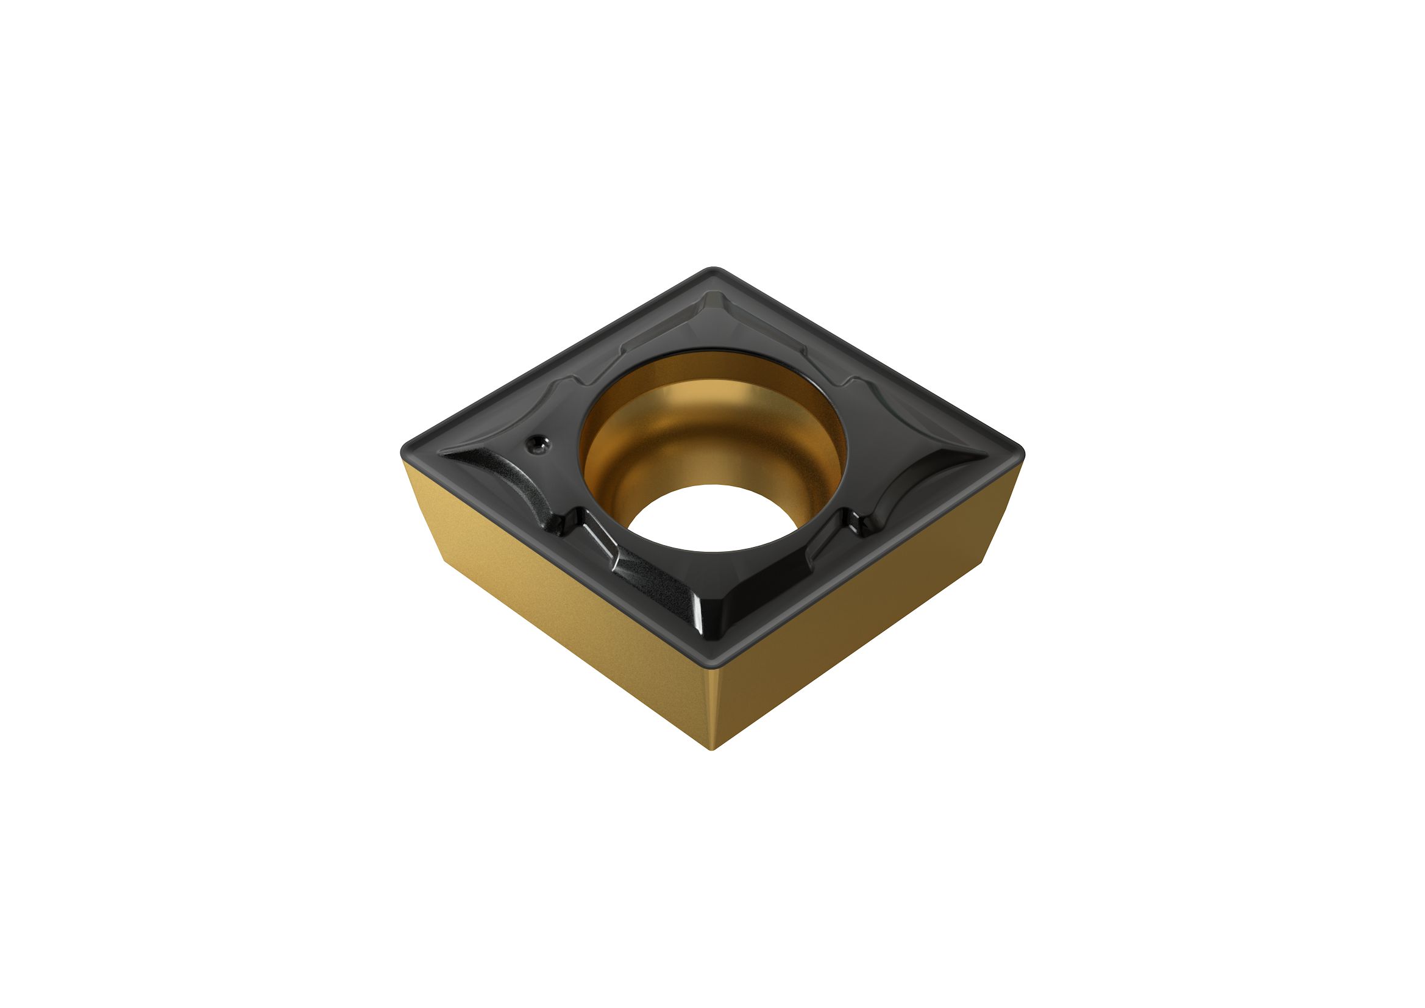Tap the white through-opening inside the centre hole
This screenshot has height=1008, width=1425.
714,518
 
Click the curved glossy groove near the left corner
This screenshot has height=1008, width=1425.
497,472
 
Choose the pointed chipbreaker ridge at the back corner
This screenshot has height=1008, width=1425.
714,310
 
